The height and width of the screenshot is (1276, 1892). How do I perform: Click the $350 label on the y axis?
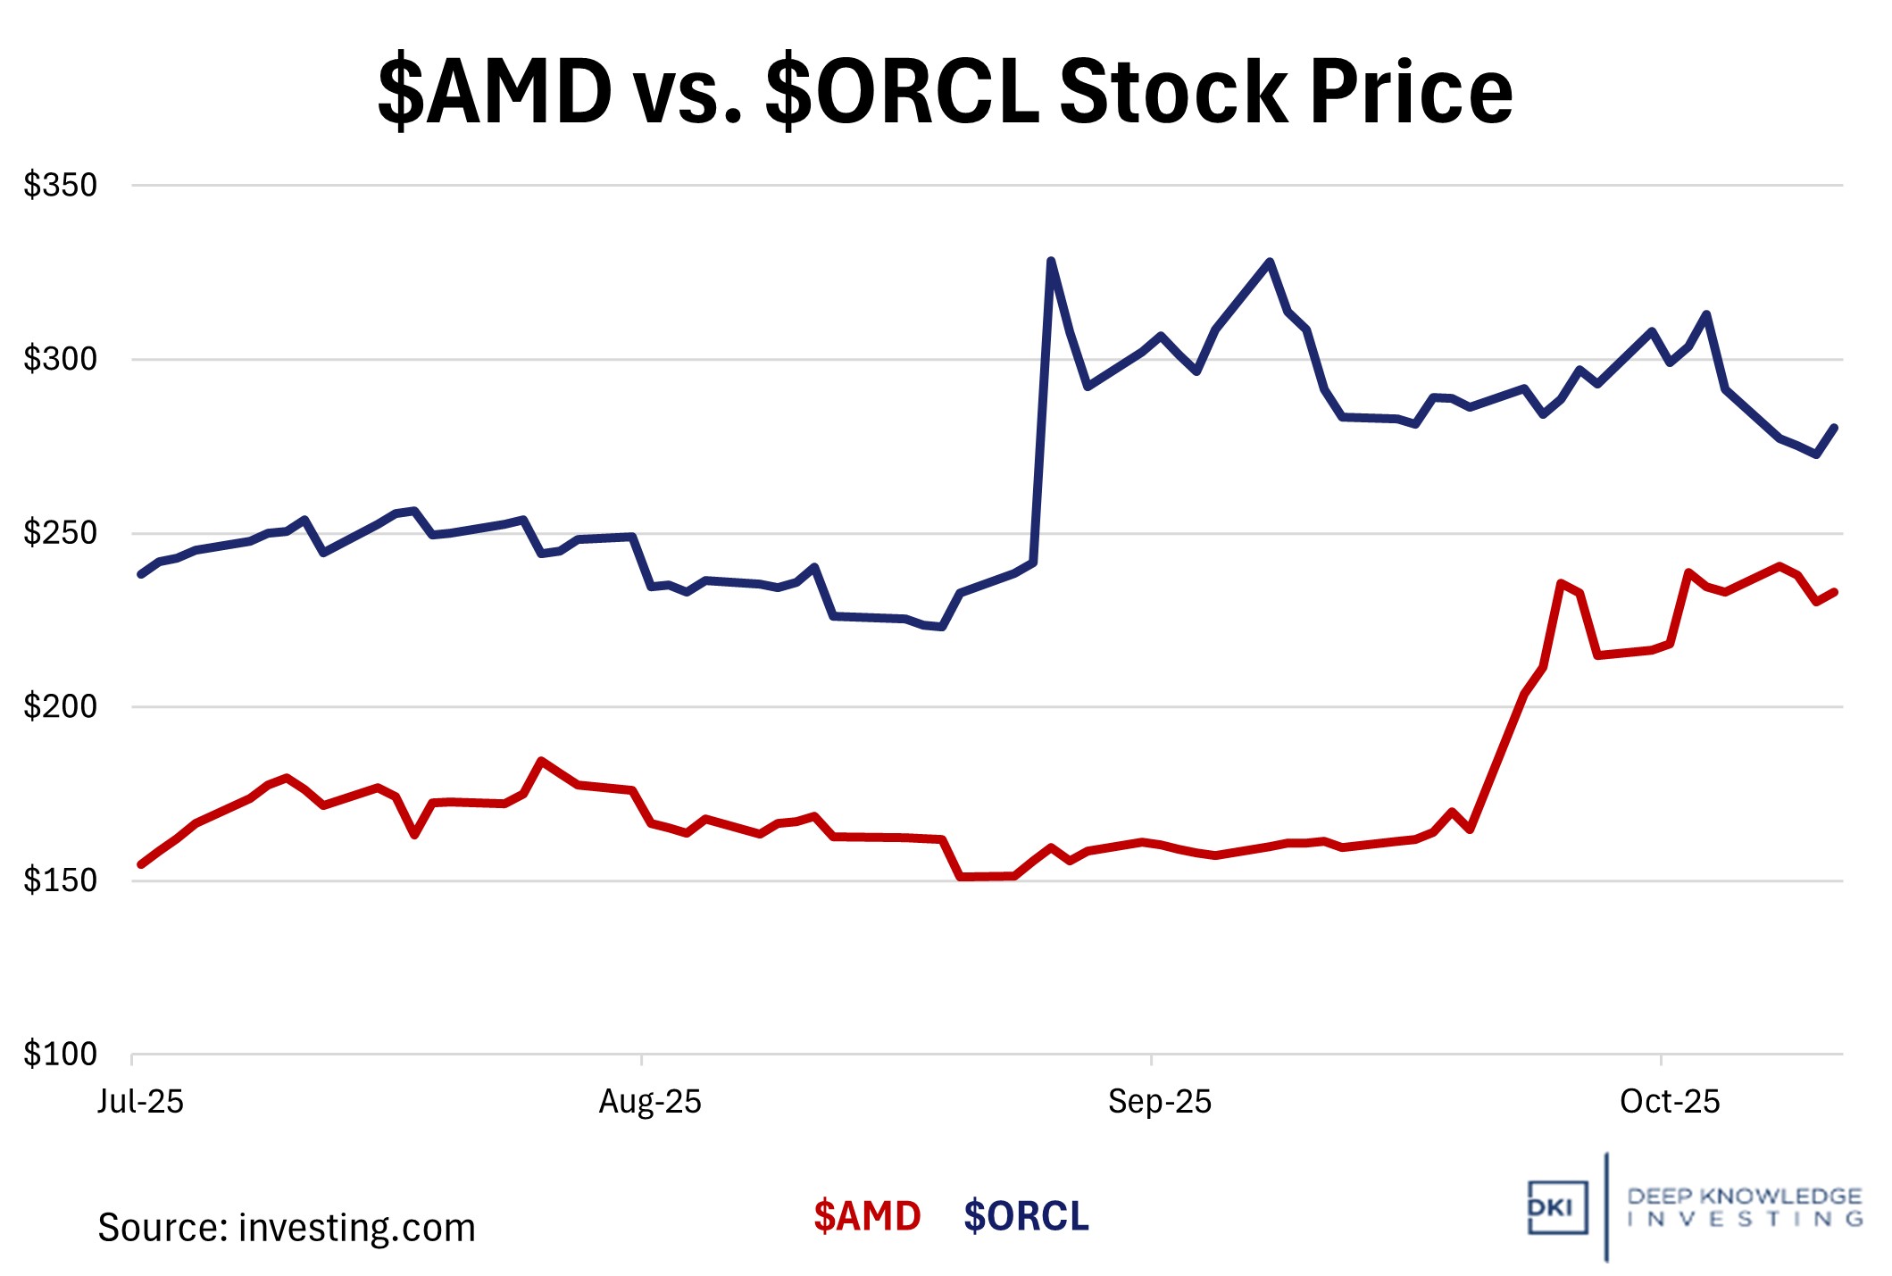(x=60, y=186)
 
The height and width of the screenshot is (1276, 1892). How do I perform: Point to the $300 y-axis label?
(x=60, y=359)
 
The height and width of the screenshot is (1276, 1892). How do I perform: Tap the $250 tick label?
(x=60, y=533)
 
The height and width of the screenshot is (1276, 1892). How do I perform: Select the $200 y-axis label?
(x=60, y=707)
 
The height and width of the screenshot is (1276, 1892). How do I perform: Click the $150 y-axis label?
(x=60, y=880)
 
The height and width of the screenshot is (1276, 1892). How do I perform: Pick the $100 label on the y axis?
(x=60, y=1055)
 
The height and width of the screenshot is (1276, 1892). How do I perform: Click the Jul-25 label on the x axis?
(x=140, y=1102)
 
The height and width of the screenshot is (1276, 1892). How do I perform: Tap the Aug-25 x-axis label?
(x=650, y=1102)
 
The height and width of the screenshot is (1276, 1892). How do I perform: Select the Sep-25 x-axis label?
(x=1159, y=1102)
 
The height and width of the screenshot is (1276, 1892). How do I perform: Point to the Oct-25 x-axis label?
(x=1670, y=1102)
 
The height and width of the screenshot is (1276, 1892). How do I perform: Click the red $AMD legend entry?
(x=867, y=1216)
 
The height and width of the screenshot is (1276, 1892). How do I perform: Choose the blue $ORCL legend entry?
(x=1026, y=1216)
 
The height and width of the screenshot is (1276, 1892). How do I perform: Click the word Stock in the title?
(x=1173, y=91)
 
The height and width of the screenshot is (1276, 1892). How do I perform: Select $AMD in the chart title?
(x=495, y=91)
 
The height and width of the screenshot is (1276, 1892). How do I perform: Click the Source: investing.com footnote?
(x=286, y=1228)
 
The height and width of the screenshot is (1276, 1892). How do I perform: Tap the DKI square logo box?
(x=1557, y=1207)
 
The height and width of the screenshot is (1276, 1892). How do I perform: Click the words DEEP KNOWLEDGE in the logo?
(x=1744, y=1197)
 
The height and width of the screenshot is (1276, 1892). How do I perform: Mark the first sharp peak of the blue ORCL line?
(x=1051, y=261)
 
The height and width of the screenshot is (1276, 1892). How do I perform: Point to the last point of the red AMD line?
(x=1835, y=591)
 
